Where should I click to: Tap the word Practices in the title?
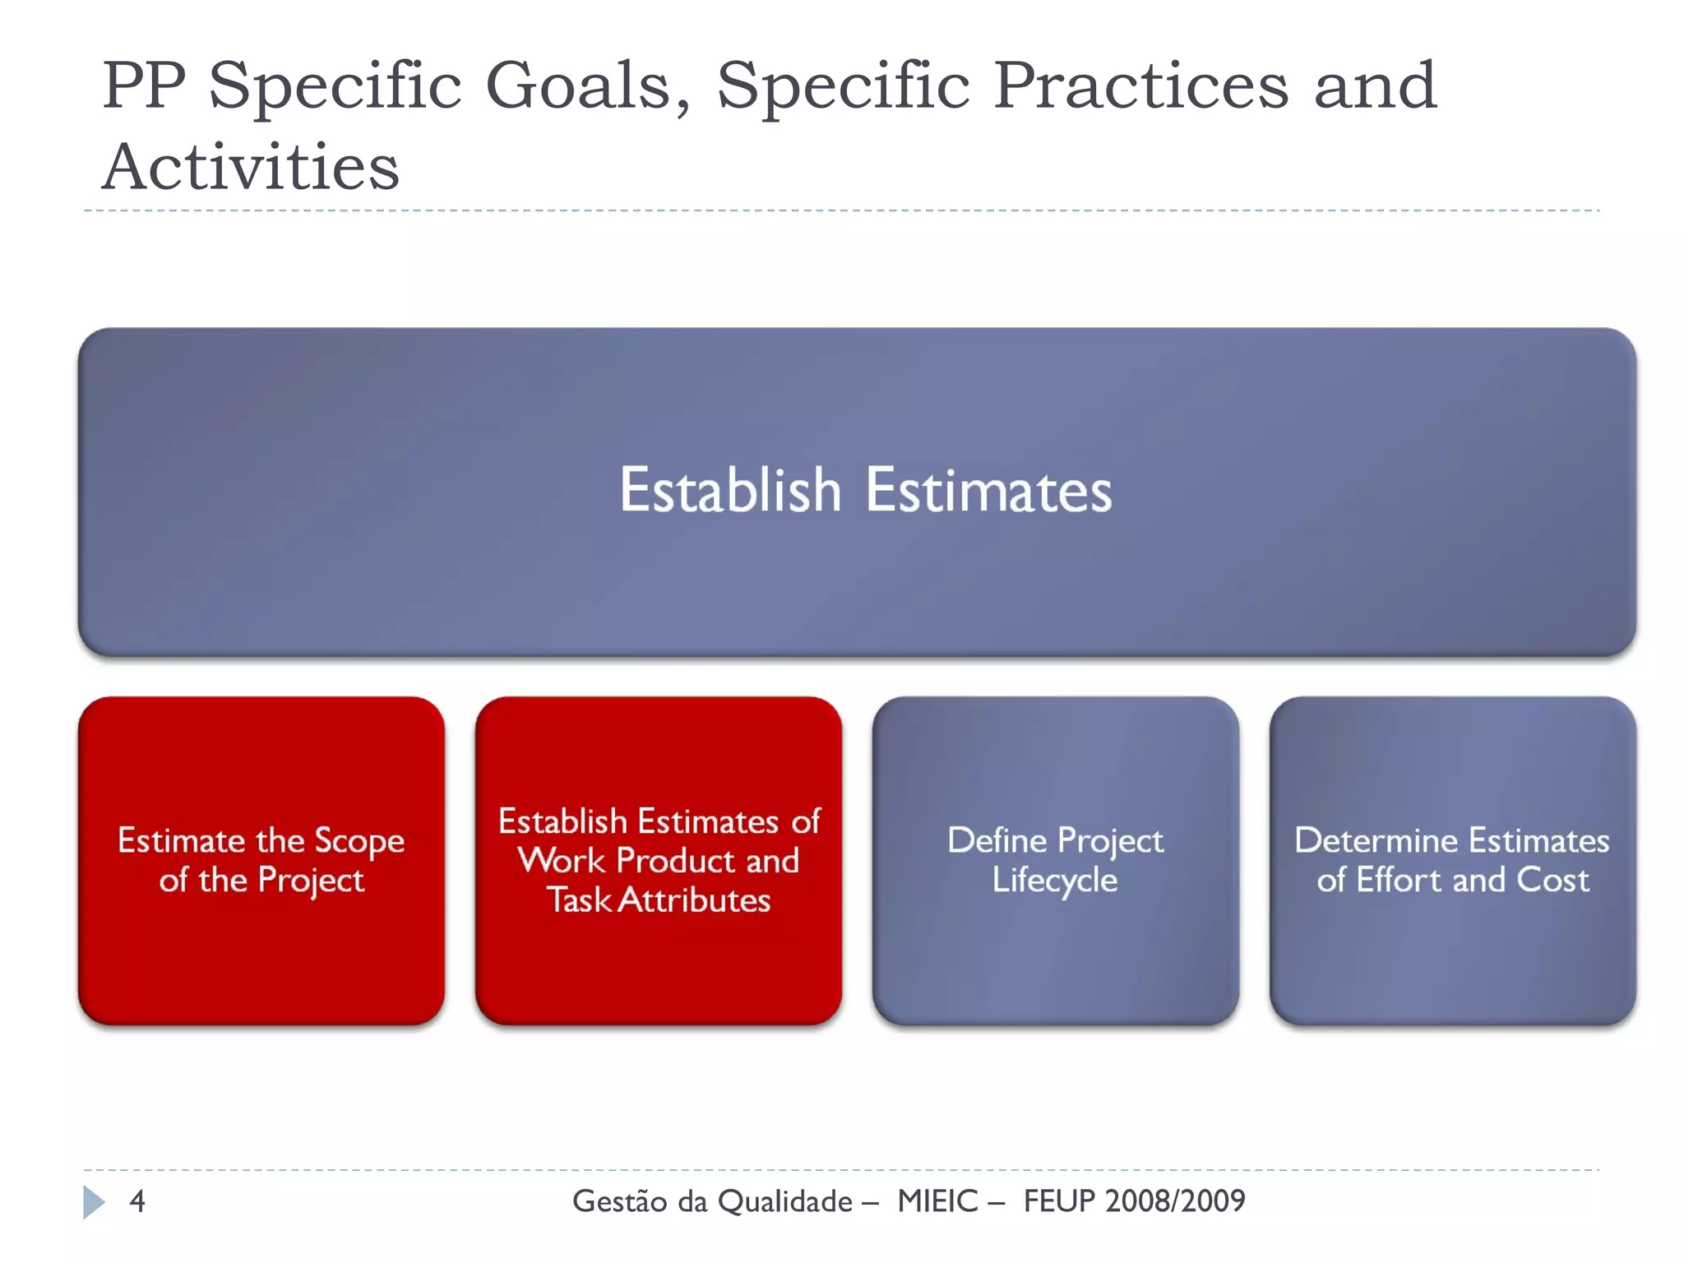tap(1140, 86)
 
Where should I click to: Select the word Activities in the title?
tap(251, 167)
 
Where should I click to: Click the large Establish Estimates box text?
tap(865, 491)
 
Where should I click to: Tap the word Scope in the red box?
tap(359, 841)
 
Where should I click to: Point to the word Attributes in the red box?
tap(694, 900)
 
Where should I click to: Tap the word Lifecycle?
tap(1055, 881)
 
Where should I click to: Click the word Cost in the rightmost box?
tap(1552, 880)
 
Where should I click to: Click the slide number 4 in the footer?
tap(137, 1201)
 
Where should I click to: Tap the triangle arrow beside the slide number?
tap(94, 1202)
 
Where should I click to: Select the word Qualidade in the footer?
tap(785, 1201)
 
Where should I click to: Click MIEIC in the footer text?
tap(937, 1201)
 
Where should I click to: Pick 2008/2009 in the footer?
tap(1175, 1201)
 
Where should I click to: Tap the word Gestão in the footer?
tap(619, 1201)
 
